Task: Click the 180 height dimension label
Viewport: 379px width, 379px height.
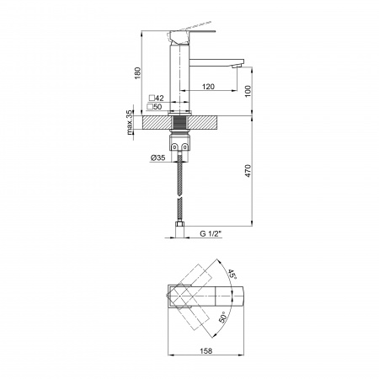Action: click(x=137, y=72)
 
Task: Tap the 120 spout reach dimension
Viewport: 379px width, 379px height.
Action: click(x=208, y=87)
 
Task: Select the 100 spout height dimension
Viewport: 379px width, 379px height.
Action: click(x=248, y=91)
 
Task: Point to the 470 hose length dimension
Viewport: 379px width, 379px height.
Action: click(x=248, y=170)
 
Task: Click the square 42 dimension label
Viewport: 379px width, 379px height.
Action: click(x=157, y=98)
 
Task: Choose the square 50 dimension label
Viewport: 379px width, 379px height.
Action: click(x=154, y=107)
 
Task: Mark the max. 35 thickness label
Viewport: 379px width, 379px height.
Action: click(x=130, y=122)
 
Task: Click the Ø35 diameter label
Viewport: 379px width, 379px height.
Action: click(x=157, y=157)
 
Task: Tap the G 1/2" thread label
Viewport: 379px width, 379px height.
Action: click(x=211, y=233)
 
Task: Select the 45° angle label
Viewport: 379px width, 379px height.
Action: click(x=232, y=274)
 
